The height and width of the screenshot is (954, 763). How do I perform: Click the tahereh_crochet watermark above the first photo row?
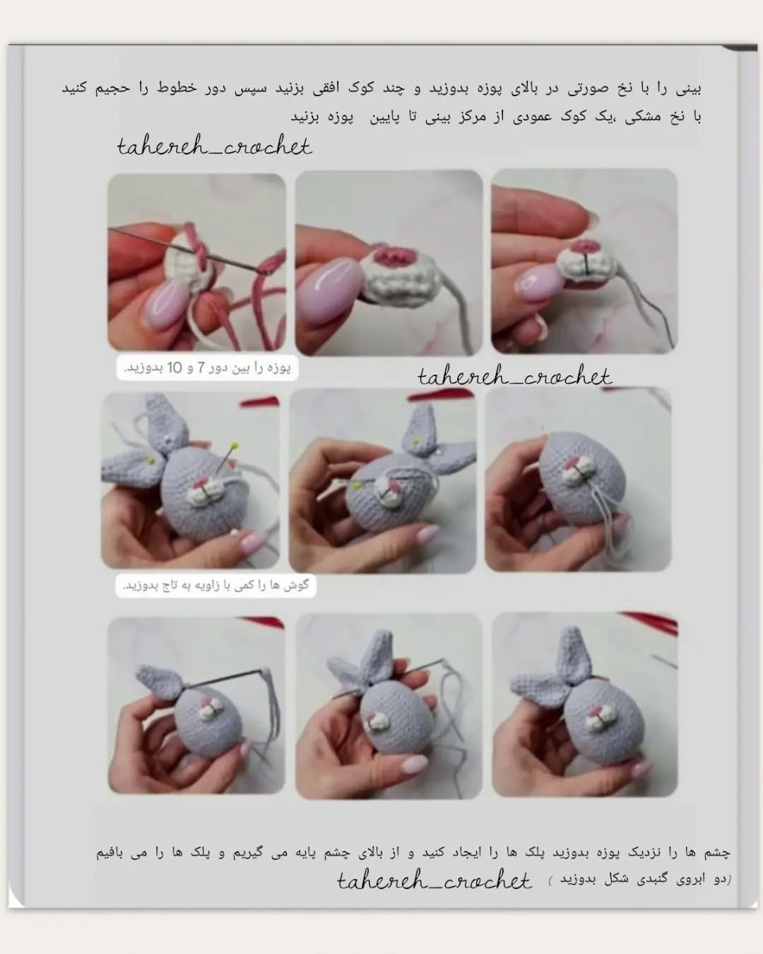coord(215,146)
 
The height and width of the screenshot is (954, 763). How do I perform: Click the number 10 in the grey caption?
coord(175,367)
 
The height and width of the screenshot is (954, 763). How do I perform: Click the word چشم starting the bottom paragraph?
coord(718,852)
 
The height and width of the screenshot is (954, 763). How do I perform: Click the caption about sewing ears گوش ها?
coord(216,586)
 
